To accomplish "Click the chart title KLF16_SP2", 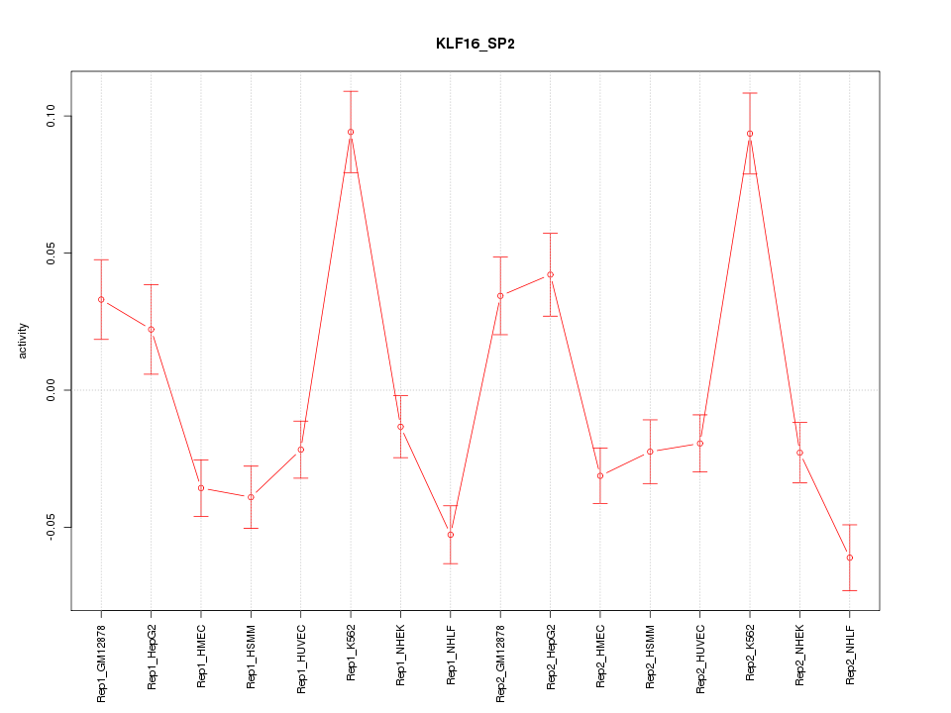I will click(x=475, y=45).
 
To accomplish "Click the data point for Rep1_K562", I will click(x=351, y=132).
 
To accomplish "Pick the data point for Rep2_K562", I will click(x=750, y=134).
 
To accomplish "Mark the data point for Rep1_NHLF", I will click(x=451, y=535).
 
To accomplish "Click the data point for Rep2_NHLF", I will click(x=850, y=558).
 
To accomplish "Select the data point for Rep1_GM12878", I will click(x=101, y=299).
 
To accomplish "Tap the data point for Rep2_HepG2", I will click(x=550, y=274).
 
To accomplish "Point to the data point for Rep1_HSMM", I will click(x=251, y=497).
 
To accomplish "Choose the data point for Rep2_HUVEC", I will click(x=699, y=443).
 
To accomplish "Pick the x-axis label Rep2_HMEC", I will click(x=600, y=656).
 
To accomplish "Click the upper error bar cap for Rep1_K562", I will click(x=351, y=91).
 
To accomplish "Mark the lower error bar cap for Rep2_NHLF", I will click(x=850, y=590).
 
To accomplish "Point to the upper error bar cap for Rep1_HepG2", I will click(x=151, y=284).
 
